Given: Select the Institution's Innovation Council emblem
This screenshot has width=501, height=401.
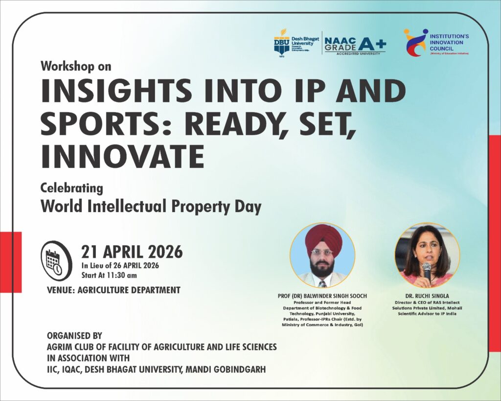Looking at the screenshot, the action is coord(416,43).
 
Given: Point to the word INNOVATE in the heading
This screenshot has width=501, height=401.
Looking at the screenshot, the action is coord(122,157).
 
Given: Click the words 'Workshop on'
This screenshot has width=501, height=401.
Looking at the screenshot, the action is coord(76,66).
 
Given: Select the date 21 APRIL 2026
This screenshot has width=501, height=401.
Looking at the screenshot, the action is coord(132,252).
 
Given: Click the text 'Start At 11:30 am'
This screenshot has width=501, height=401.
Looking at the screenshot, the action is coord(109,275).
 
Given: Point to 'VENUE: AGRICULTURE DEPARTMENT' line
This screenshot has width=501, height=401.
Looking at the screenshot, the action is coord(114,290).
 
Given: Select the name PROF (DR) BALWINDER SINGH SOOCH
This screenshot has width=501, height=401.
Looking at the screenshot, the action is coord(322,296).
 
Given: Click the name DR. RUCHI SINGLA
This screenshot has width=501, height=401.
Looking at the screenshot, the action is coord(427,296).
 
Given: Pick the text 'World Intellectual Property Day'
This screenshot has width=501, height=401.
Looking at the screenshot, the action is coord(151,206).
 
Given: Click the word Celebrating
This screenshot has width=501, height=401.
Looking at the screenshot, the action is coord(71,188).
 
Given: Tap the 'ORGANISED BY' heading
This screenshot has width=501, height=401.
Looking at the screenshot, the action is coord(74,336).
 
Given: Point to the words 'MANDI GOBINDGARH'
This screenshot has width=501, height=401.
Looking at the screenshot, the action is coord(226,369).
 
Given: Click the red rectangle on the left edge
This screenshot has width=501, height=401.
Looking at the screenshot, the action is coord(11,262).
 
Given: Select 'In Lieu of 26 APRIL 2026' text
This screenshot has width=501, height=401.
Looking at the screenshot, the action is coord(120,265).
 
